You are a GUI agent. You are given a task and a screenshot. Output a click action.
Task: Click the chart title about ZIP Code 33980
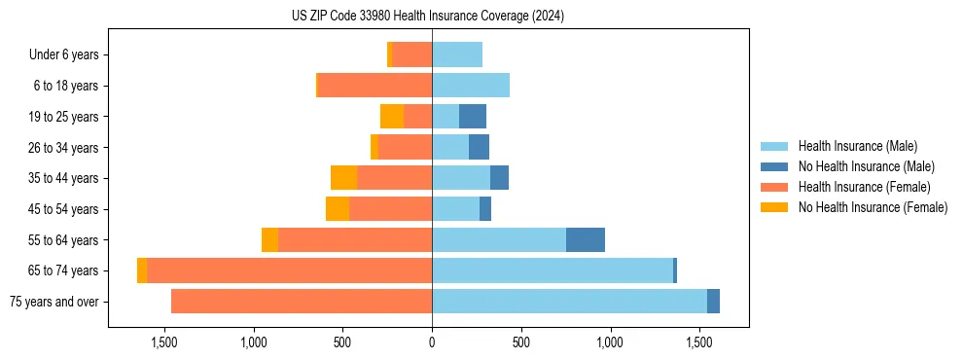point(428,16)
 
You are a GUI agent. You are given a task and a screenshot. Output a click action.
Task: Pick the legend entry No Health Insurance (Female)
point(873,207)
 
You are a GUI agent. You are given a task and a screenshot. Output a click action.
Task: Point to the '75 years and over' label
point(53,302)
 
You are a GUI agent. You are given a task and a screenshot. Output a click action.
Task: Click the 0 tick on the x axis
point(432,342)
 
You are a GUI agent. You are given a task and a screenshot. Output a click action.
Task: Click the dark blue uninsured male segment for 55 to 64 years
point(586,240)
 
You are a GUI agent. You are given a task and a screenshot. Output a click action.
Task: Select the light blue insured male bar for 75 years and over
point(569,302)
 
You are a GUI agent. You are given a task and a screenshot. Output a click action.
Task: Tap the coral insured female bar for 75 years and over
point(302,302)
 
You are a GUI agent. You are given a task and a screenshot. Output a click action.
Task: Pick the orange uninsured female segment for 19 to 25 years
point(392,117)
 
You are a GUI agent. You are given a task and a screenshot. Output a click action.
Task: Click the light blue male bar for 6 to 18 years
point(471,86)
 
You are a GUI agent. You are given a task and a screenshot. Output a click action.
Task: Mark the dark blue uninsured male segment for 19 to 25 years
point(473,117)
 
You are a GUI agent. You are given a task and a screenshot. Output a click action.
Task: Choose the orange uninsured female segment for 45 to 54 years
point(338,209)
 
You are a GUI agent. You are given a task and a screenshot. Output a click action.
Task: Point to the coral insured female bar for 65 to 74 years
point(289,270)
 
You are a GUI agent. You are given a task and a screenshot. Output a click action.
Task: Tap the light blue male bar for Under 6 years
point(457,55)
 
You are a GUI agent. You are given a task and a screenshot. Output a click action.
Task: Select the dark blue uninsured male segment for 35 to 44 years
point(499,178)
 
